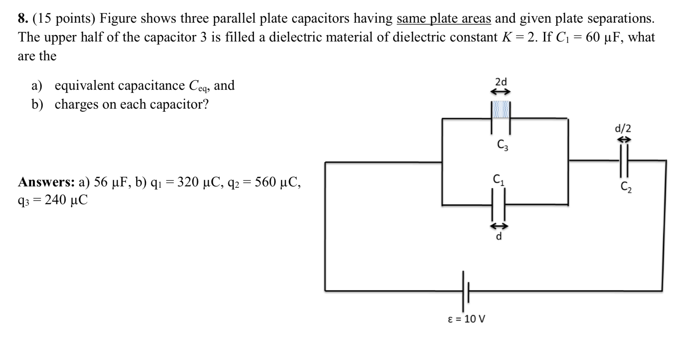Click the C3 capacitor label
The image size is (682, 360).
tap(503, 145)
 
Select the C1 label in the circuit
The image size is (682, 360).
tap(498, 179)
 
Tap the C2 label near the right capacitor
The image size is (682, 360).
tap(626, 187)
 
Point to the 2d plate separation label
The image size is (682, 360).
tap(501, 82)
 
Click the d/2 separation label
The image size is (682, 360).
tap(623, 128)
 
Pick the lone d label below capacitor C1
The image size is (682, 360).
tap(499, 236)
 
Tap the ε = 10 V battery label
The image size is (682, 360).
tap(466, 319)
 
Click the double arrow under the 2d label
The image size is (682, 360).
tap(501, 92)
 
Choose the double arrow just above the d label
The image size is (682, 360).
tap(498, 226)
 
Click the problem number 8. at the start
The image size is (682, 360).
tap(23, 18)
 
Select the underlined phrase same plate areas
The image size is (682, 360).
tap(444, 18)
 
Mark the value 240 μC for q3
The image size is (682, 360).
tap(66, 200)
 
